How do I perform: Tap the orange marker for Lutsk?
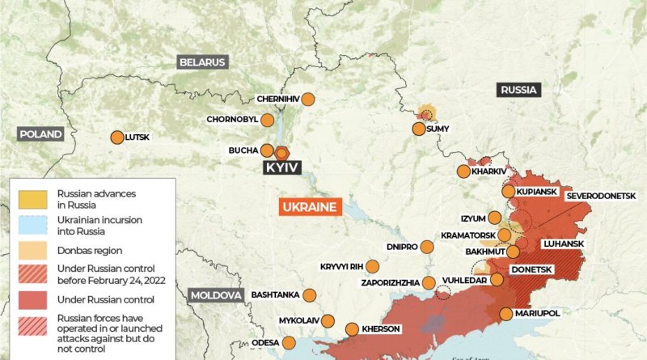[x=117, y=138]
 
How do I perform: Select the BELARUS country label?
[x=202, y=62]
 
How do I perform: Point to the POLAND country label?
[x=40, y=134]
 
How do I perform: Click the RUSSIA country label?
[x=519, y=90]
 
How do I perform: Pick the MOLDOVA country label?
[x=216, y=295]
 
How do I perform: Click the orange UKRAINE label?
[x=310, y=207]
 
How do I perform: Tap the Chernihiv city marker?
[x=307, y=100]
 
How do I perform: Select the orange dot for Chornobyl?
[x=268, y=120]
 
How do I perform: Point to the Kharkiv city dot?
[x=463, y=172]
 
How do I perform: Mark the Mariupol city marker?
[x=506, y=314]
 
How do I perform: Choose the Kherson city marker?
[x=352, y=329]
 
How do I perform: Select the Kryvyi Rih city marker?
[x=372, y=266]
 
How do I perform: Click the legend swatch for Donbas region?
[x=33, y=246]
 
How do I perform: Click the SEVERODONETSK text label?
[x=601, y=196]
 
